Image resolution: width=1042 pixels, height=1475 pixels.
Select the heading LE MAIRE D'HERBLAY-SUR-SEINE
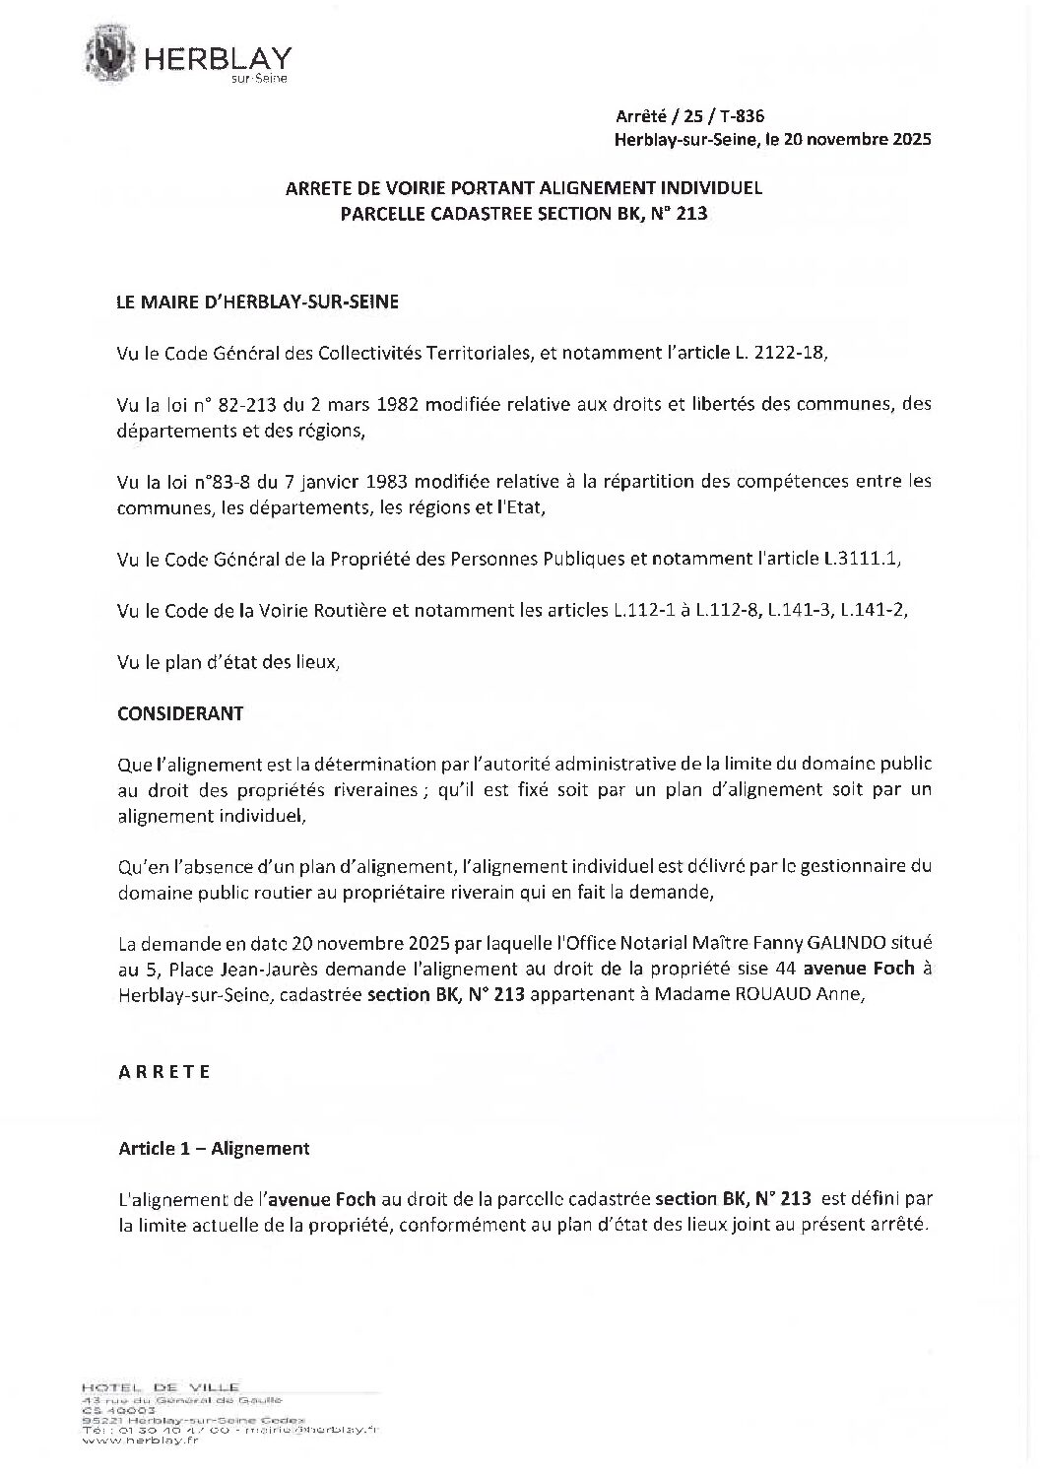point(258,302)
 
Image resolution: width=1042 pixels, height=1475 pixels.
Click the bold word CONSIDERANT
point(180,713)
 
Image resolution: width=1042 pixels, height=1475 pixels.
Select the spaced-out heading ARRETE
point(164,1072)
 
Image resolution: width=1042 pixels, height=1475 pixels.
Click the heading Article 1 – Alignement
point(214,1148)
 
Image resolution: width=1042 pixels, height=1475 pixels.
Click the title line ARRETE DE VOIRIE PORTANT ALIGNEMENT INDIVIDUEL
point(523,187)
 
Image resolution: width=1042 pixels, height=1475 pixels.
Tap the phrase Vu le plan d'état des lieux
point(228,662)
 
